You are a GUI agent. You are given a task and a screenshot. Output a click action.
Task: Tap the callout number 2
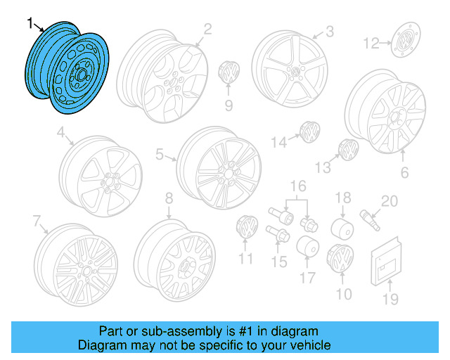(207, 29)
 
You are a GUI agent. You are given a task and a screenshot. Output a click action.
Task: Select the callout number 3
(329, 32)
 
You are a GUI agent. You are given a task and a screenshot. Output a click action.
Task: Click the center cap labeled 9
(229, 72)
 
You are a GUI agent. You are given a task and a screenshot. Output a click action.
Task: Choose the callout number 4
(61, 131)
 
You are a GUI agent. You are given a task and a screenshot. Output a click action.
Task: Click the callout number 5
(160, 154)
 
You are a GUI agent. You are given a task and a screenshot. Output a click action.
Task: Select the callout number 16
(299, 186)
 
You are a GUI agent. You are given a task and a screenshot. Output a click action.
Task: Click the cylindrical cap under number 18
(342, 229)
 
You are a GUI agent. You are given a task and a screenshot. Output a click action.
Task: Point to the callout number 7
(37, 221)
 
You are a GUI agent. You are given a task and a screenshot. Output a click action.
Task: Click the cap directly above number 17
(307, 248)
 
